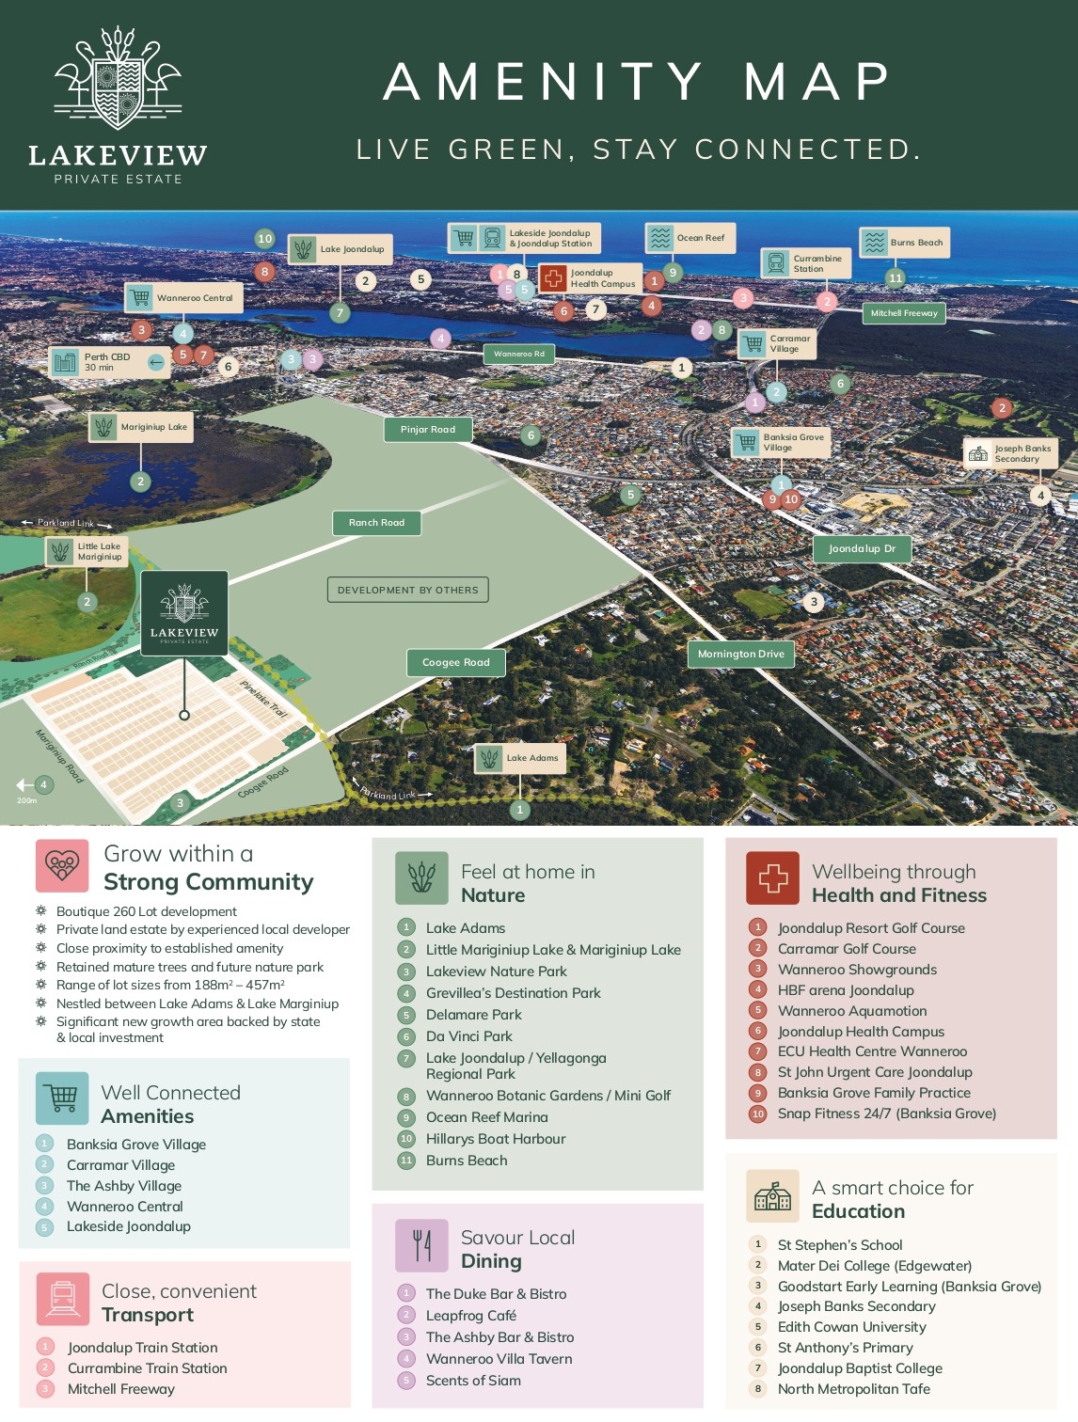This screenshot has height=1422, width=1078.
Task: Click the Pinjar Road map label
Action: click(x=428, y=430)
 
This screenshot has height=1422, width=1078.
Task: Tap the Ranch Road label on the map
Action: click(x=376, y=523)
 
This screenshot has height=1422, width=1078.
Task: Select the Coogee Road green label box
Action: click(x=456, y=663)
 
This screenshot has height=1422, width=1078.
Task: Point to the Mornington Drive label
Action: click(x=741, y=655)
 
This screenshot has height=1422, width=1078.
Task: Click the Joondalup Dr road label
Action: click(x=862, y=549)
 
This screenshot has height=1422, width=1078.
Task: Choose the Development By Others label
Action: click(x=407, y=590)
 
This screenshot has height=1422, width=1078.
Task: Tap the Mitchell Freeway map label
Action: click(x=904, y=313)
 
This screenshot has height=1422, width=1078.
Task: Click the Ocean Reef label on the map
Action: click(x=690, y=238)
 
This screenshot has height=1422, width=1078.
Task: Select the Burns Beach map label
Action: click(x=904, y=243)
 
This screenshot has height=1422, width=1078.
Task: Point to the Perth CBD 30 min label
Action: click(x=108, y=362)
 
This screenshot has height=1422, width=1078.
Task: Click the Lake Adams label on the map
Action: click(x=520, y=758)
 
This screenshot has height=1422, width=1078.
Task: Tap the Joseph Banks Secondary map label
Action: click(x=1011, y=453)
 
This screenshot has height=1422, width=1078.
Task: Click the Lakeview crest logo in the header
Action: click(x=118, y=80)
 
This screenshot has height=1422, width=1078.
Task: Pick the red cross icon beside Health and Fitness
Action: click(x=772, y=877)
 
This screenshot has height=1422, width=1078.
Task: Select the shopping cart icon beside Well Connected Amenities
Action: click(x=62, y=1098)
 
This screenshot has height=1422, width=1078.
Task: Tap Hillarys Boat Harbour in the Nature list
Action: click(x=496, y=1139)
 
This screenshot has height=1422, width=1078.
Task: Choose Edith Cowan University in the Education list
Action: click(x=852, y=1327)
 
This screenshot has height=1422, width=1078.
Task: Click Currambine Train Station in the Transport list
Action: click(x=148, y=1368)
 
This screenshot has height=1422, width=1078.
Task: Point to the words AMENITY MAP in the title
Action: click(x=638, y=81)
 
